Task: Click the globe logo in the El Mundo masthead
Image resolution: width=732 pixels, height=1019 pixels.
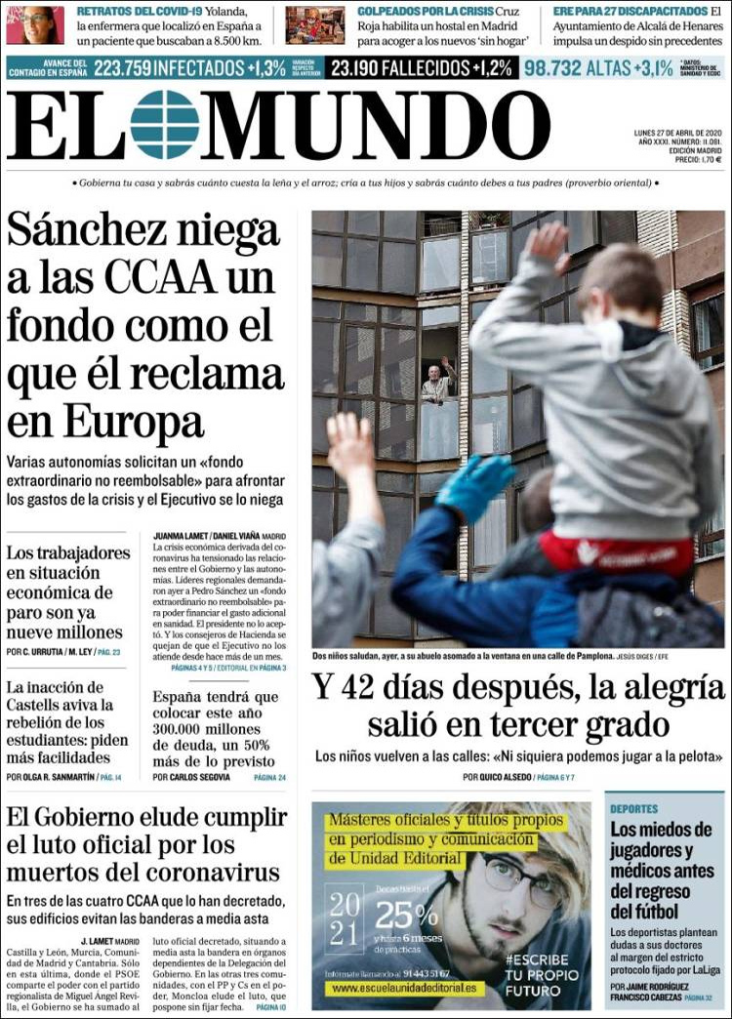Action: coord(164,125)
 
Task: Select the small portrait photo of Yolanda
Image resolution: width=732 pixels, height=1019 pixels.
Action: coord(35,25)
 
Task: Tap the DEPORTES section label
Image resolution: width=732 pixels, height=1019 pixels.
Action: coord(634,809)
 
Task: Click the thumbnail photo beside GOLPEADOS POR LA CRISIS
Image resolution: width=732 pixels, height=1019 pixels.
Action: coord(314,25)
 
